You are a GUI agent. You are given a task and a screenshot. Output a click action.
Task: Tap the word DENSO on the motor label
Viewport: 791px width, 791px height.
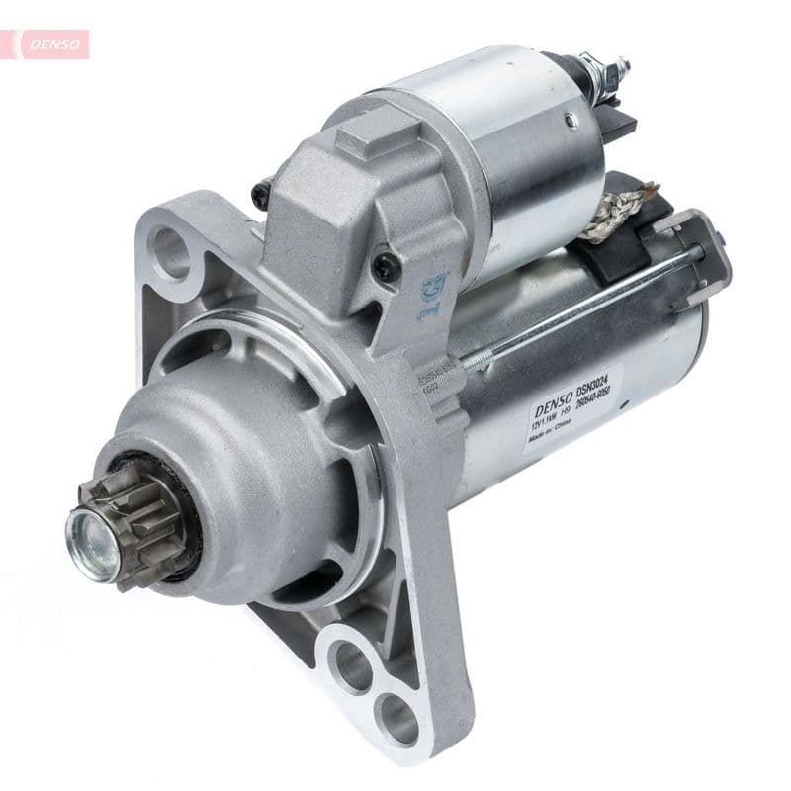(x=555, y=402)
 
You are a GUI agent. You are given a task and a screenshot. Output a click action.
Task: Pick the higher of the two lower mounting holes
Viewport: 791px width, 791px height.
(x=349, y=663)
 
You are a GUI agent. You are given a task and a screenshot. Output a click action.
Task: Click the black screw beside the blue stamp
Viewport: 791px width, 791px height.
(x=385, y=265)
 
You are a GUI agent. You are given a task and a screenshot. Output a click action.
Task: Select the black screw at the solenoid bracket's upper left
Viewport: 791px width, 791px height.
(x=262, y=194)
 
